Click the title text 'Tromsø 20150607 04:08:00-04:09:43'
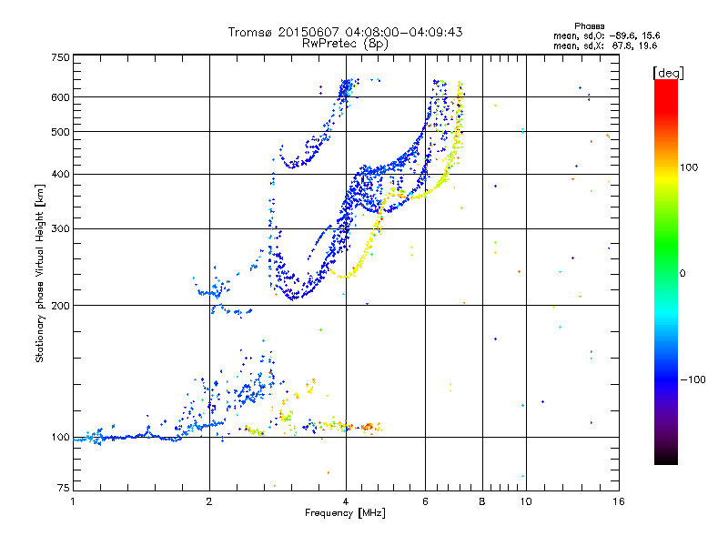coord(345,32)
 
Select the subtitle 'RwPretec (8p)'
coord(345,43)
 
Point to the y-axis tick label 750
coord(60,57)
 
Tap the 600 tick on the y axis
coord(60,97)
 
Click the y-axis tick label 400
coord(60,174)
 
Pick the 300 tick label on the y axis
coord(60,228)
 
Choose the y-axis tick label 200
coord(60,305)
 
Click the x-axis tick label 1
coord(73,501)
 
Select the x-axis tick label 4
coord(346,501)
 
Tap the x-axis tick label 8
coord(482,501)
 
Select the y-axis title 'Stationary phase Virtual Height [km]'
coord(40,274)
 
